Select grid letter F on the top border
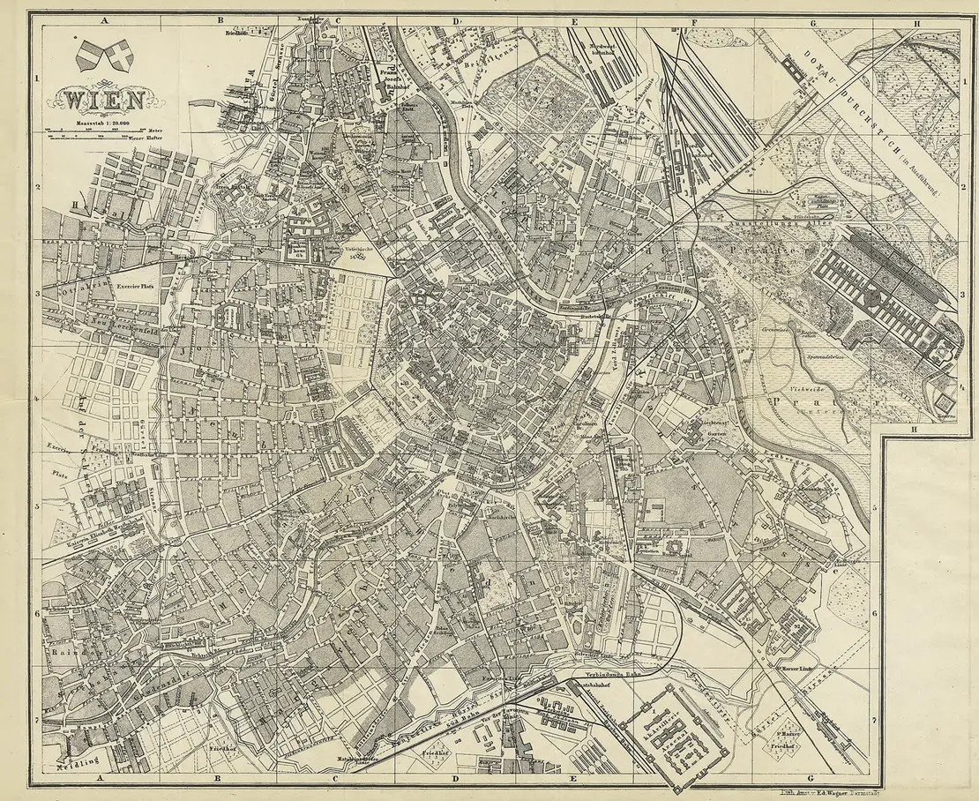693,21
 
